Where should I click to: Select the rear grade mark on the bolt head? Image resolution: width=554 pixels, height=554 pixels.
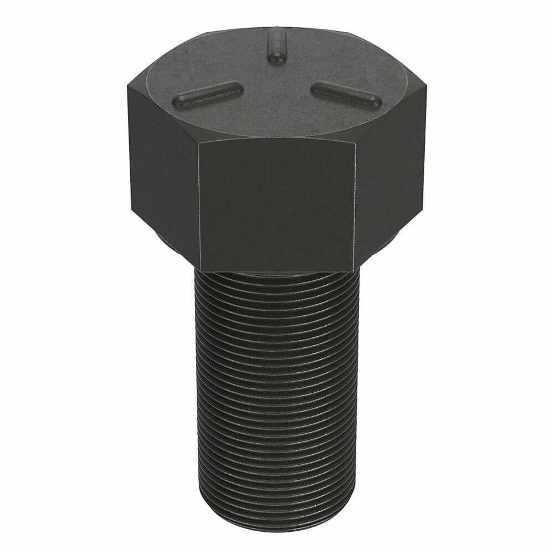point(276,45)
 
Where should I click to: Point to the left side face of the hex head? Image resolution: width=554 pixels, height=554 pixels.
point(163,166)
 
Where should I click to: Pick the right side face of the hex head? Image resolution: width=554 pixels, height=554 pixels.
point(391,166)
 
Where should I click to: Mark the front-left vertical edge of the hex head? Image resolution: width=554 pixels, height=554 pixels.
point(199,205)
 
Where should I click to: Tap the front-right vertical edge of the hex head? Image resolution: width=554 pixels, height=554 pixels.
point(355,205)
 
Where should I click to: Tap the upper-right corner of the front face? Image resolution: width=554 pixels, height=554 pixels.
point(355,141)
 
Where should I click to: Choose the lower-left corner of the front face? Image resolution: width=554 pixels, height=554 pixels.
point(199,270)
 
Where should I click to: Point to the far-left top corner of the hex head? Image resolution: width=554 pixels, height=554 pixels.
point(127,85)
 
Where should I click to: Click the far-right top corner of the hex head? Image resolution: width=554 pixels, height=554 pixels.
point(427,85)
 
